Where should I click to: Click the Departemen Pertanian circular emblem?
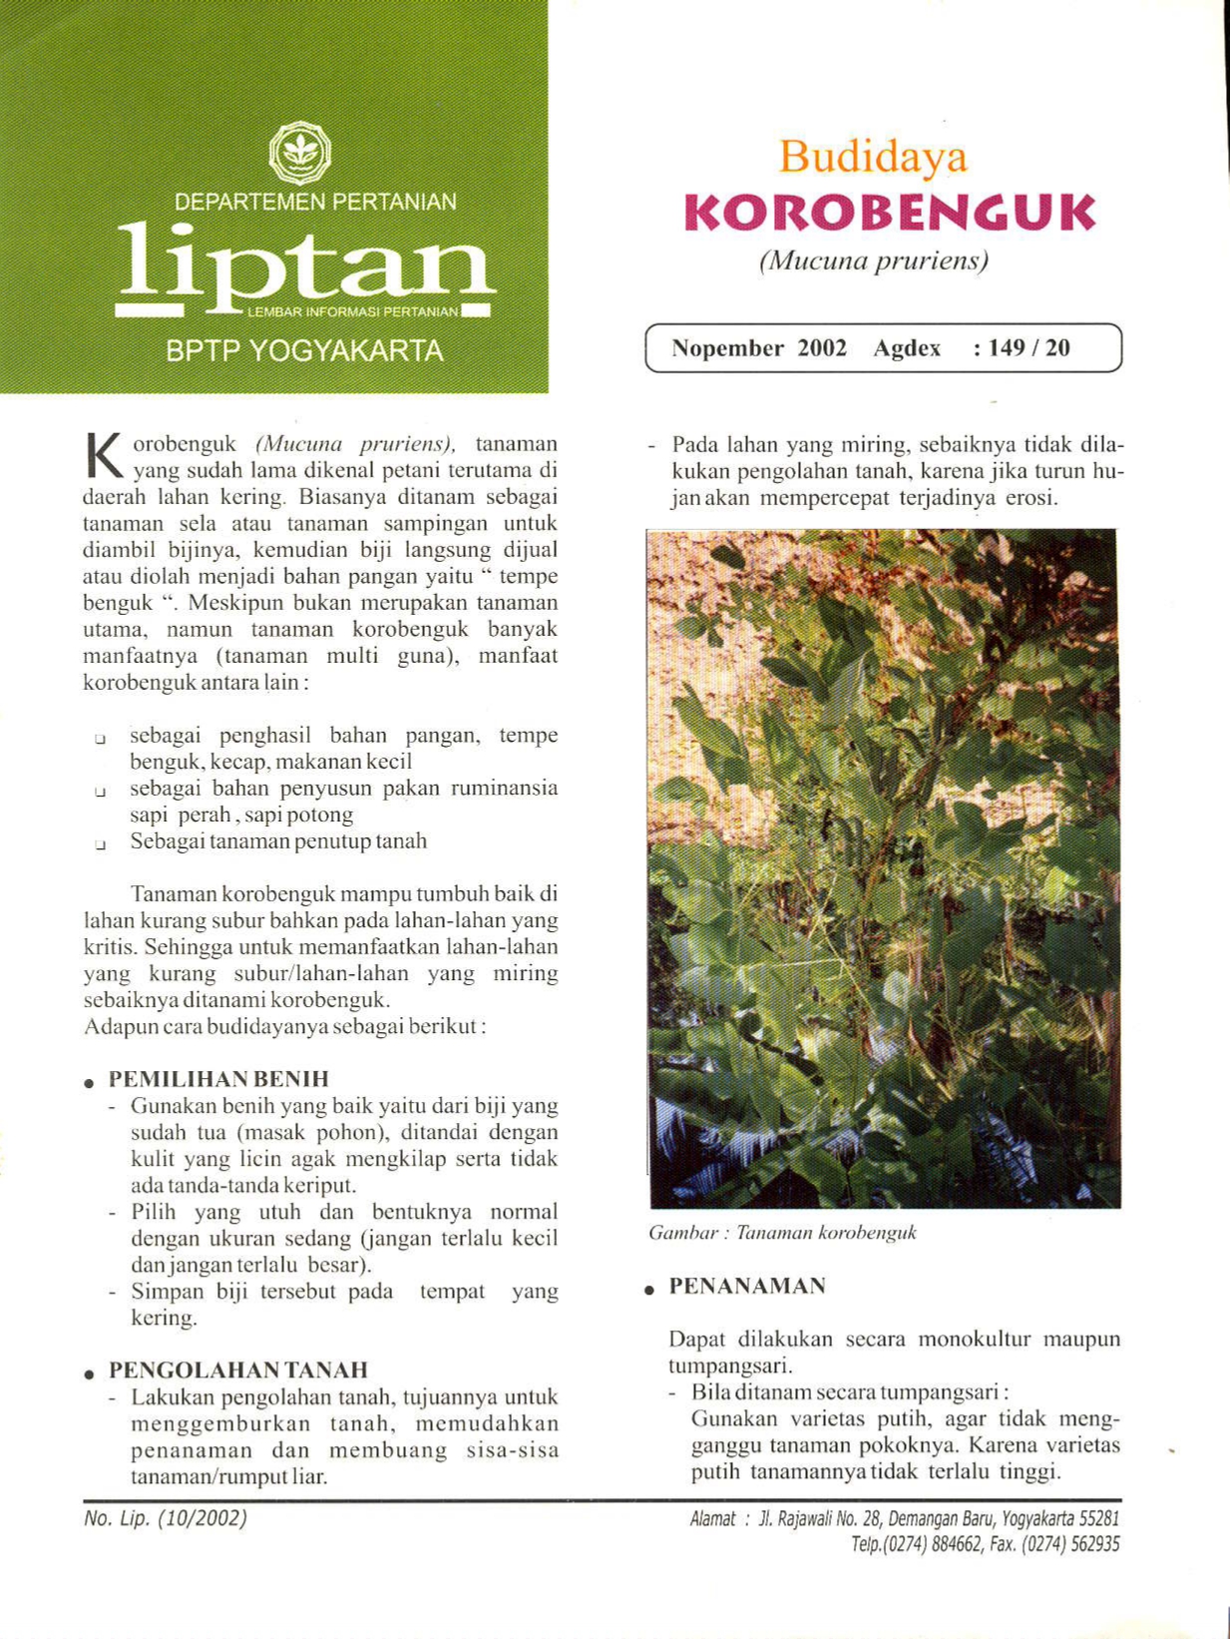[299, 153]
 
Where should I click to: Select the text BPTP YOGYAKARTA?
[304, 351]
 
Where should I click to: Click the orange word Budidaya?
[873, 157]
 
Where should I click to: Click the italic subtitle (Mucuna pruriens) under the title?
[873, 262]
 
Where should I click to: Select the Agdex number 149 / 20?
[1028, 348]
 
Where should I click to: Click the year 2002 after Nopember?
[822, 348]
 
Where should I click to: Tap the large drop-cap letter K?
[104, 455]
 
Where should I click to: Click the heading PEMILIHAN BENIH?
[218, 1079]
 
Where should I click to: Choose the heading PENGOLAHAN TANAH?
[238, 1370]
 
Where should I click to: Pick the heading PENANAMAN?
[747, 1287]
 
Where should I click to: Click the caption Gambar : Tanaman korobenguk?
[782, 1233]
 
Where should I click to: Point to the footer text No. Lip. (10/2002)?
[166, 1518]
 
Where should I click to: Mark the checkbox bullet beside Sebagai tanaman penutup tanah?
[101, 844]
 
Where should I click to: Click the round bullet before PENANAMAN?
[649, 1290]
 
